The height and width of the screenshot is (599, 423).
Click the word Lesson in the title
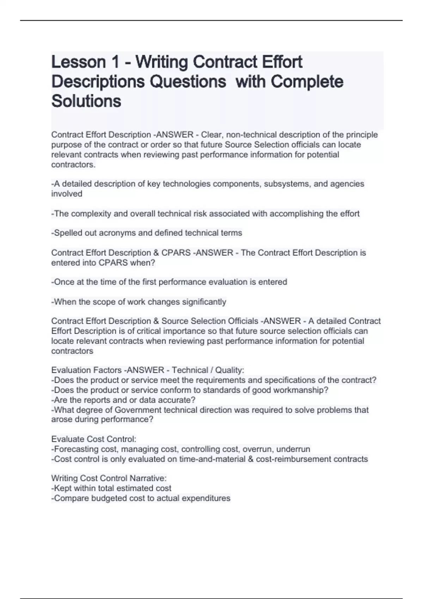(x=78, y=62)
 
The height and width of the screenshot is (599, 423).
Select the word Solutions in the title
(x=86, y=101)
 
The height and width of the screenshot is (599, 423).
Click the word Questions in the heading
(x=188, y=82)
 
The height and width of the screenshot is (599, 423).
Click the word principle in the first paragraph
(x=362, y=135)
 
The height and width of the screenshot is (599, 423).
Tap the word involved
(x=67, y=193)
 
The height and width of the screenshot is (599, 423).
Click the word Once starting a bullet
(x=63, y=282)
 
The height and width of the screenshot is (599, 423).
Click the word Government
(x=138, y=410)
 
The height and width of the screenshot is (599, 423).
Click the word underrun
(x=293, y=449)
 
